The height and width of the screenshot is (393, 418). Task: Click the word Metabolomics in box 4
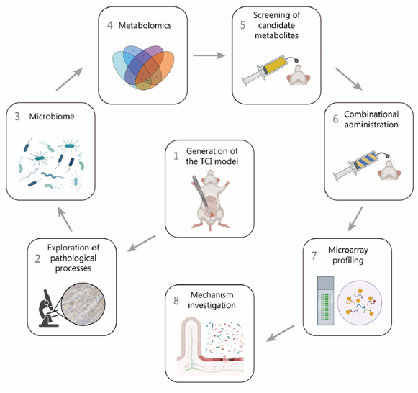(x=145, y=25)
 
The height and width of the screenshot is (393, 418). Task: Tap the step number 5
(x=242, y=25)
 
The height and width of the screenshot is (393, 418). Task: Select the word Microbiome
(x=52, y=117)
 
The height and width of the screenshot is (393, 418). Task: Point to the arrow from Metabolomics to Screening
(x=209, y=55)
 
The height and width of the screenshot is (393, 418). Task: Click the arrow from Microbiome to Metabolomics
(x=70, y=79)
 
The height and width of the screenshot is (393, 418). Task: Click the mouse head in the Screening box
(x=299, y=75)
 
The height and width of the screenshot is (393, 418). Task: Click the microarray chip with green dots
(x=325, y=300)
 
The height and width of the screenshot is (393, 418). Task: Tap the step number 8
(x=176, y=300)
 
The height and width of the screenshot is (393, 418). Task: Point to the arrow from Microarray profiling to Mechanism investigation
(x=281, y=333)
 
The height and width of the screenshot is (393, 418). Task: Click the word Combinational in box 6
(x=371, y=114)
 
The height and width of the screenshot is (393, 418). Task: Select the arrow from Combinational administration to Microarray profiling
(x=355, y=219)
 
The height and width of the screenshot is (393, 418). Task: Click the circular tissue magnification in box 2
(x=83, y=304)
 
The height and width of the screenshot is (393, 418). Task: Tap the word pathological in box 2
(x=73, y=258)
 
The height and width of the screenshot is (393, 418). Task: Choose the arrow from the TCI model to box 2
(x=142, y=243)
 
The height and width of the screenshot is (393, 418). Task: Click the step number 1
(x=176, y=155)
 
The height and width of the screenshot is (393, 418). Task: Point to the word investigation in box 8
(x=212, y=305)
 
